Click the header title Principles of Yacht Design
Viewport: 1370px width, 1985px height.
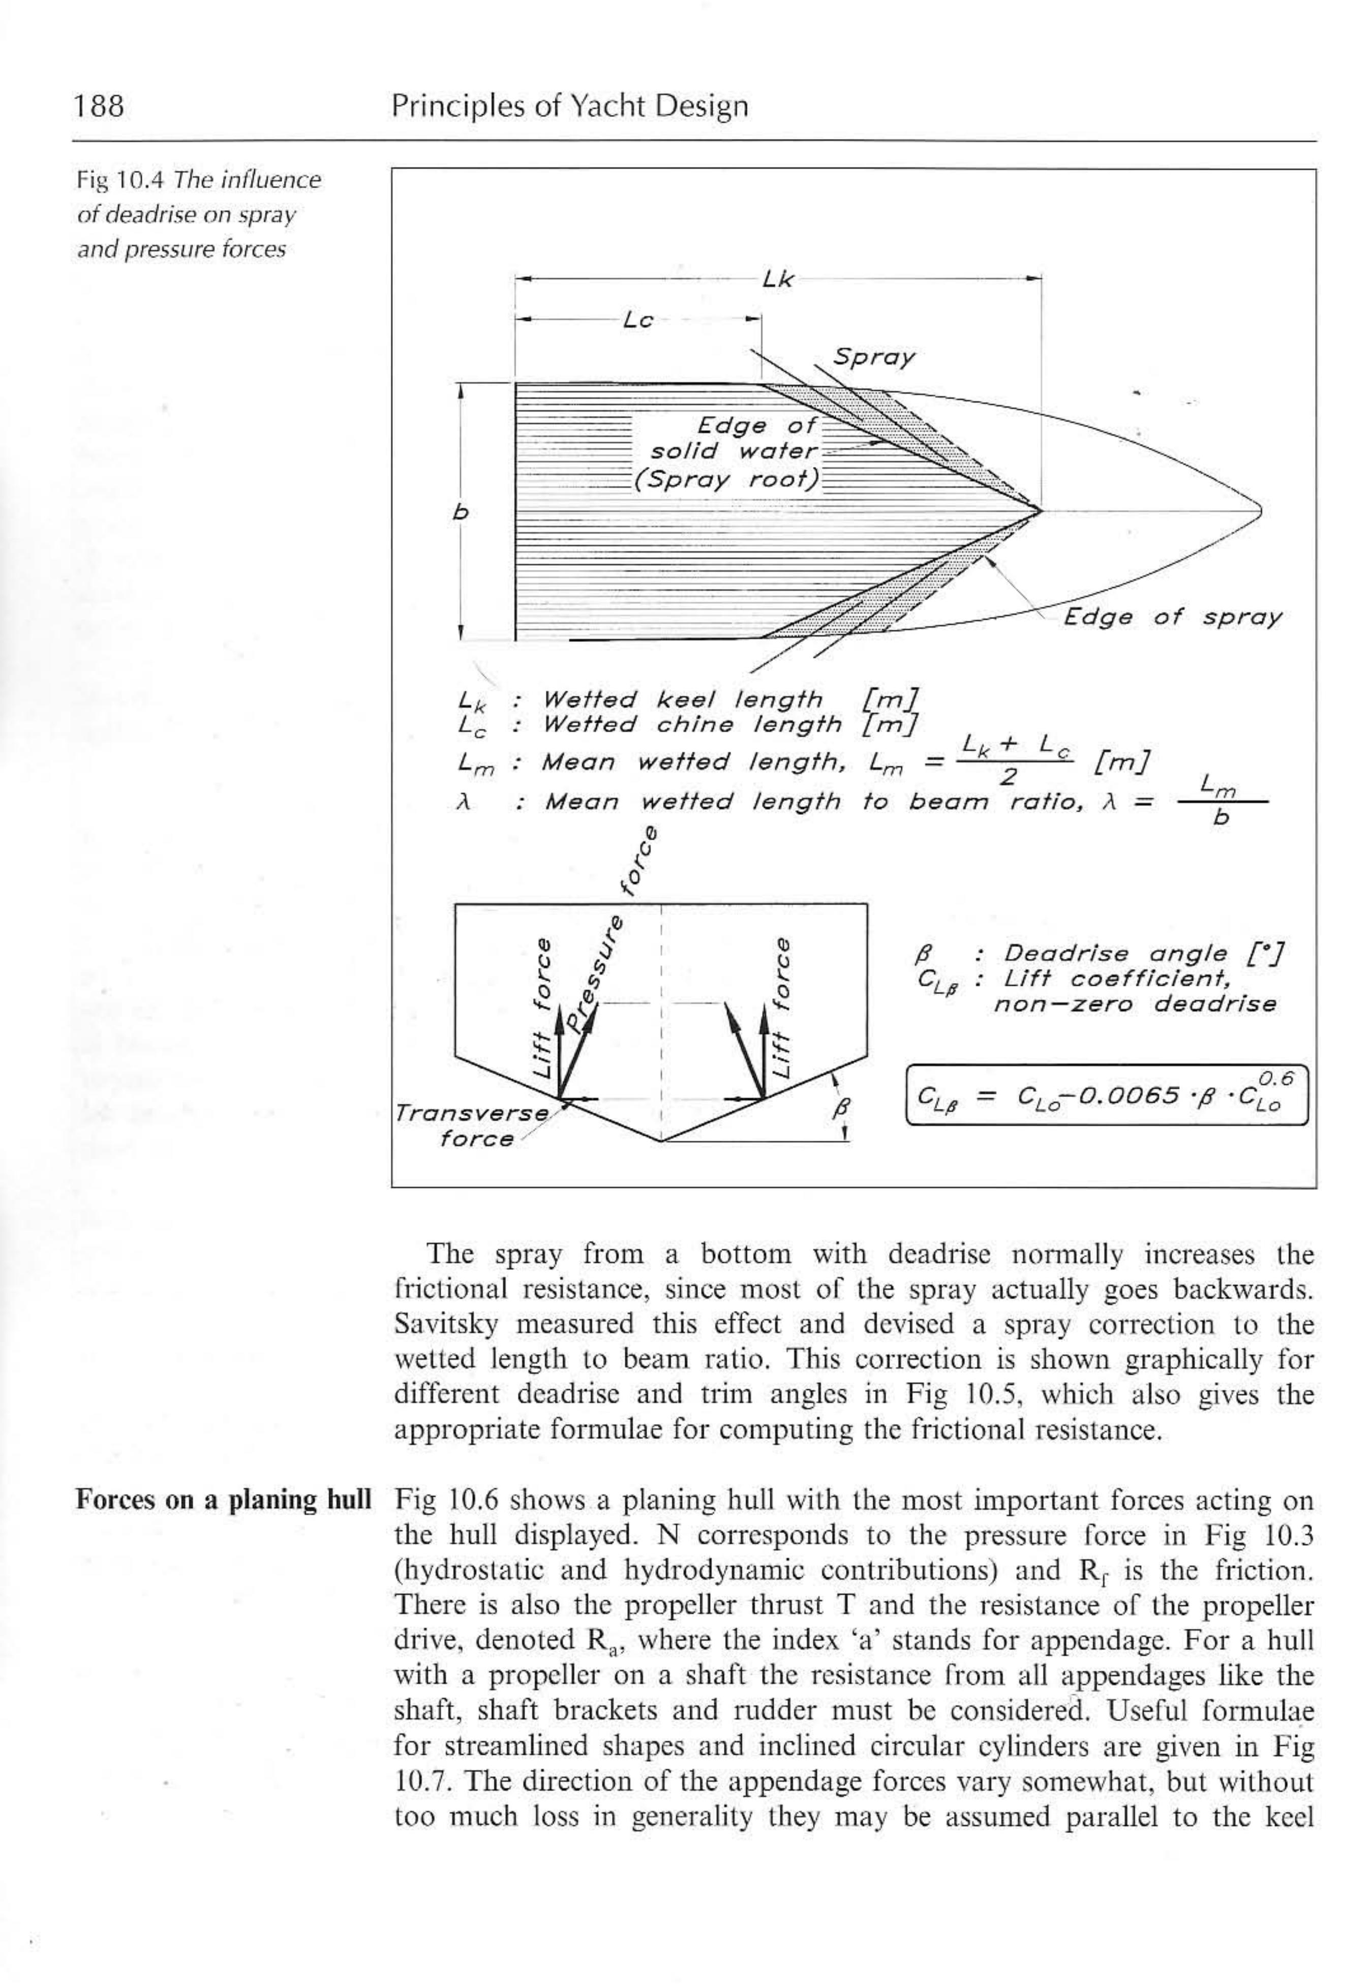pyautogui.click(x=569, y=106)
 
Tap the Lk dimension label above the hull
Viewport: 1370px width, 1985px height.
pyautogui.click(x=778, y=279)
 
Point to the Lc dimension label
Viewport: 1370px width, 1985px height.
pyautogui.click(x=638, y=320)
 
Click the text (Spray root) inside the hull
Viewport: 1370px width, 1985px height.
pyautogui.click(x=725, y=479)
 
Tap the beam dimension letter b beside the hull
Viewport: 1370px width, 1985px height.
pyautogui.click(x=461, y=512)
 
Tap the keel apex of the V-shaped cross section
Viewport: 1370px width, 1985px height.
pyautogui.click(x=660, y=1141)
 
